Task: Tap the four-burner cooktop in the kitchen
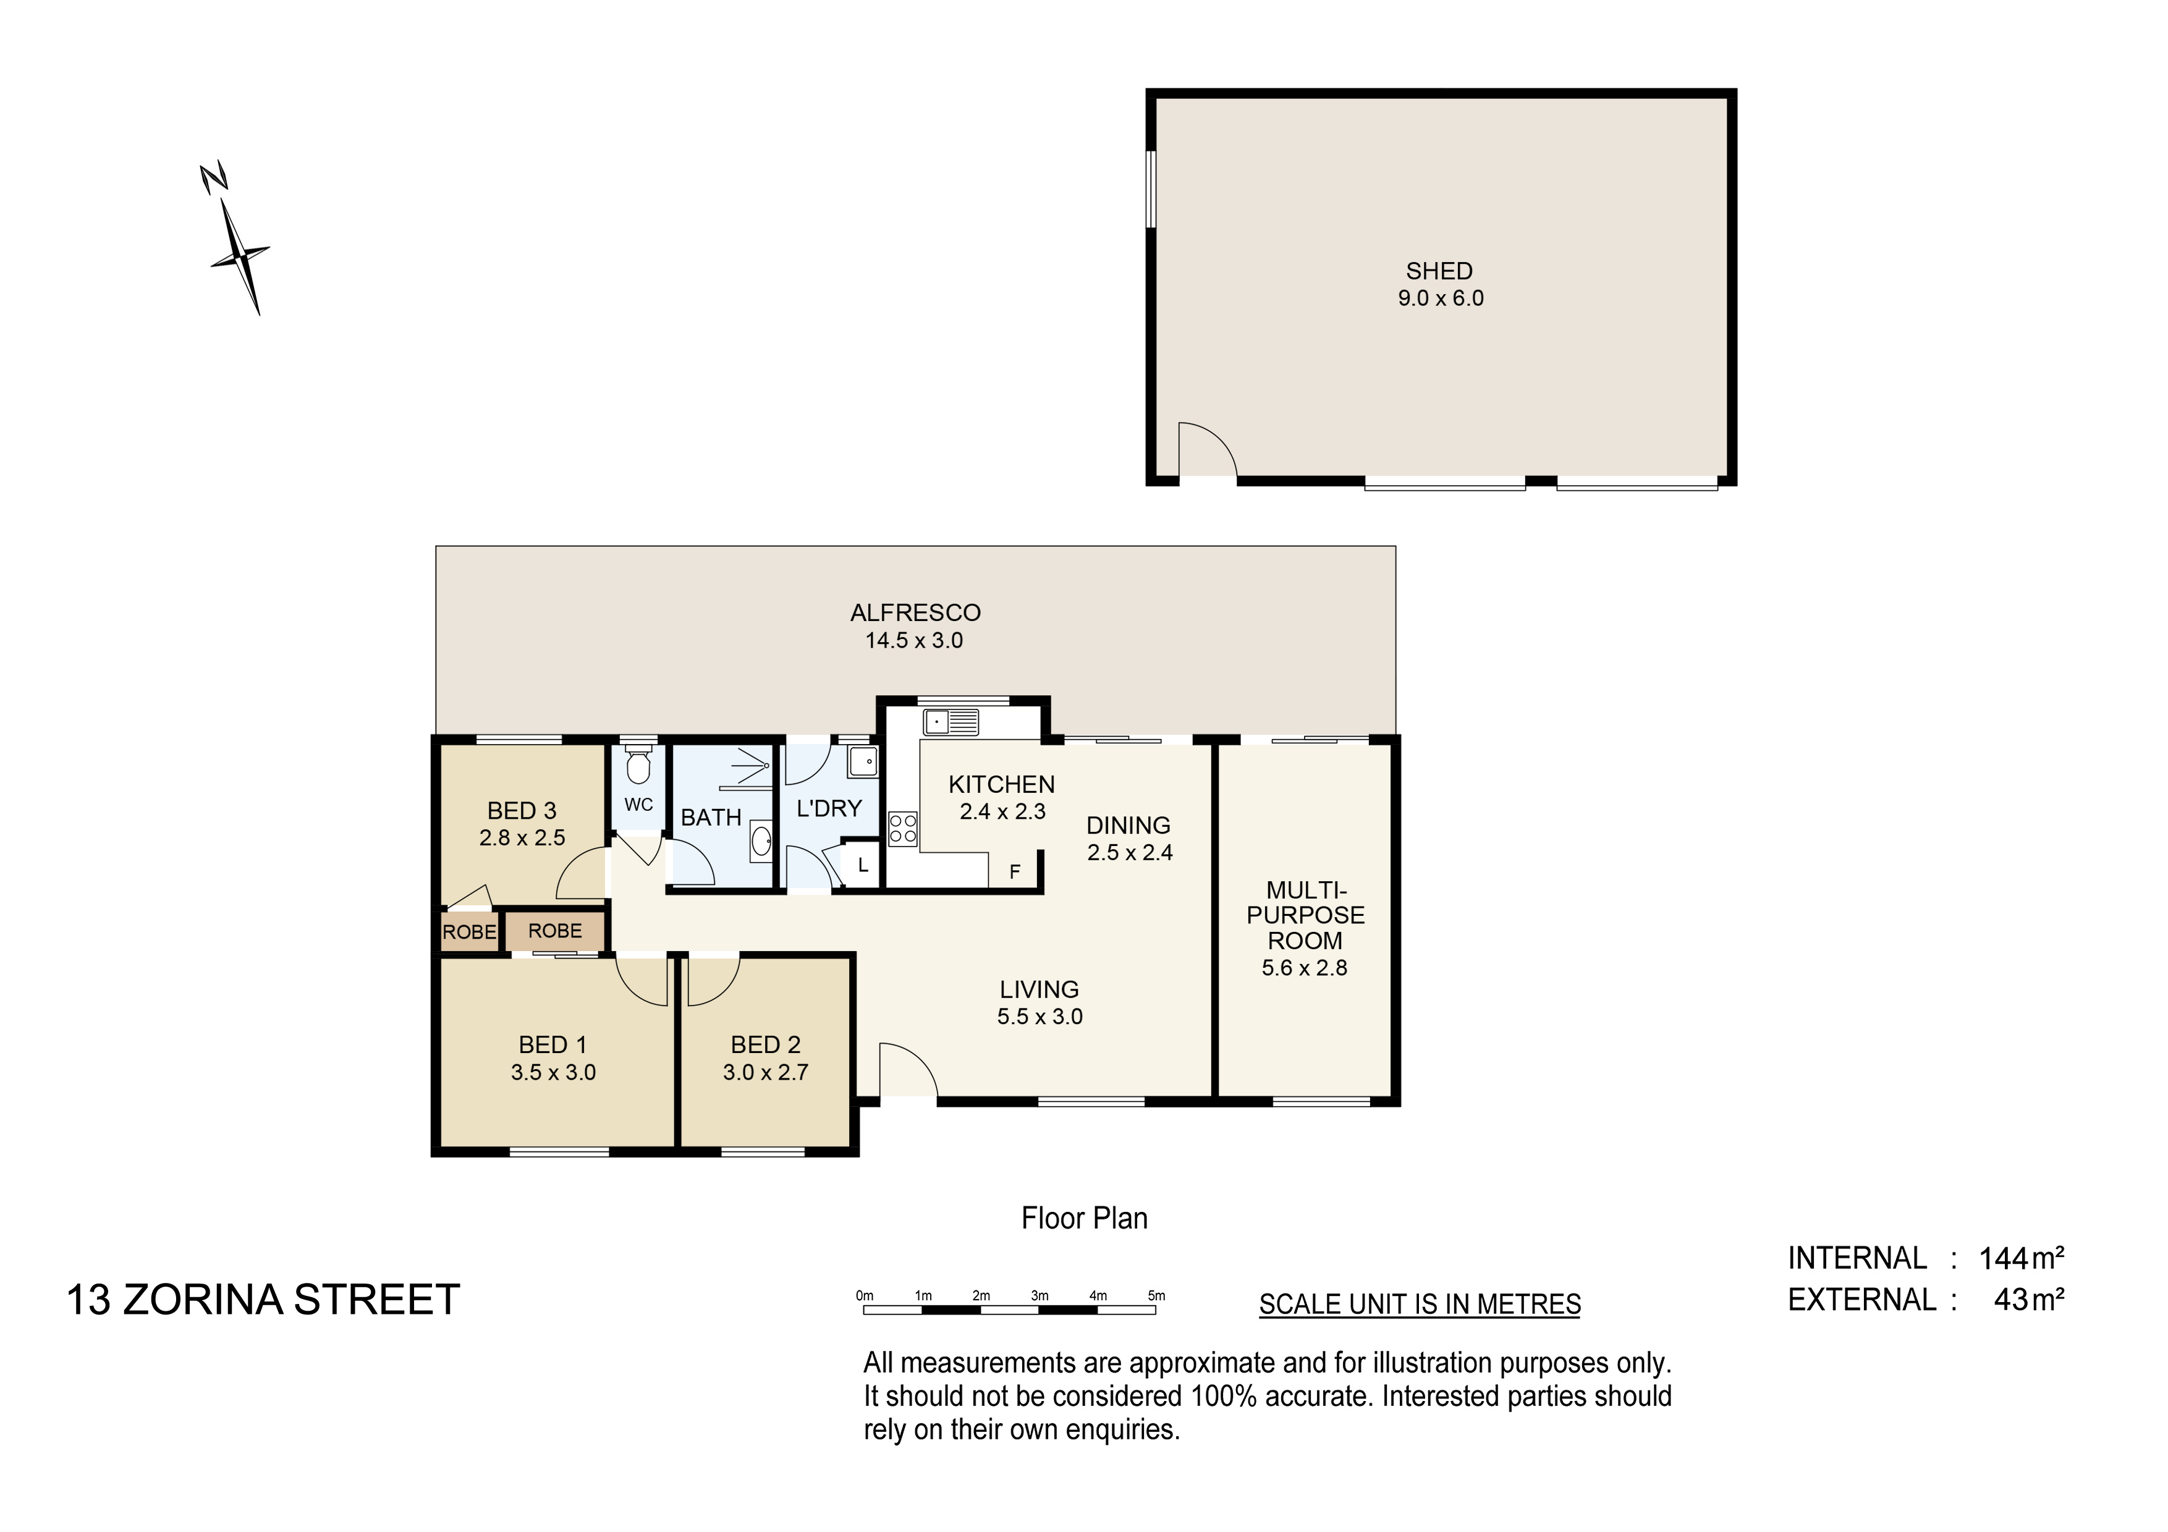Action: coord(903,829)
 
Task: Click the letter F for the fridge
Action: coord(1015,872)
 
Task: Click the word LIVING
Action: coord(1040,989)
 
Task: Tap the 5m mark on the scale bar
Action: coord(1157,1296)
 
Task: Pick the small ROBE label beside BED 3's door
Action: coord(469,933)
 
